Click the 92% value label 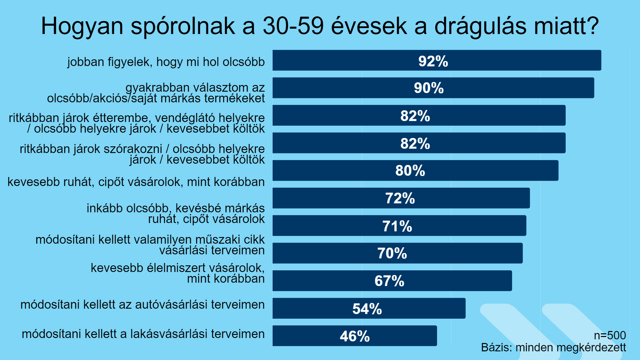tap(433, 61)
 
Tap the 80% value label tap(410, 171)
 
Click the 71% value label tap(397, 226)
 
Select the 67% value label tap(389, 281)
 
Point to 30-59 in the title tap(293, 26)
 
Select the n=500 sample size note tap(610, 335)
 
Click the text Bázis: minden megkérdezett tap(553, 348)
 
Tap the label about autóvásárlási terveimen tap(142, 305)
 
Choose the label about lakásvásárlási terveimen tap(143, 334)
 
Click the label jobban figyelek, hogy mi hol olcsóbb tap(166, 62)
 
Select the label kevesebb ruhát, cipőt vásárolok tap(136, 182)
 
